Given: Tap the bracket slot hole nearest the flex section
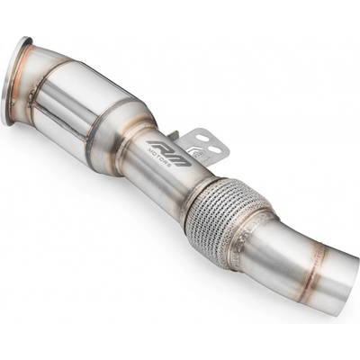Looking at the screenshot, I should [x=213, y=142].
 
